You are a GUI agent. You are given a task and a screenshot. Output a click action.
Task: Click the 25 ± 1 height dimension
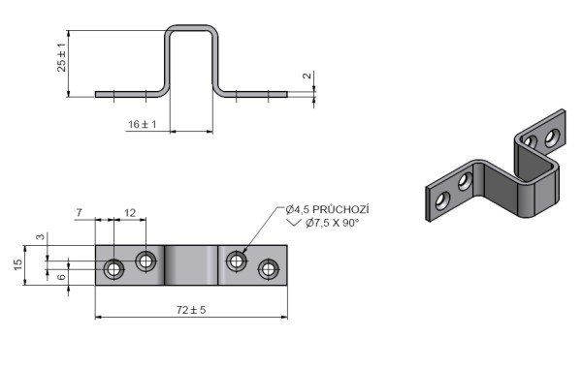click(62, 57)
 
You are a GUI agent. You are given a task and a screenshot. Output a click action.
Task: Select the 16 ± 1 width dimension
click(143, 125)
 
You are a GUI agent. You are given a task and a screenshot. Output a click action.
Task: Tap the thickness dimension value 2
click(307, 76)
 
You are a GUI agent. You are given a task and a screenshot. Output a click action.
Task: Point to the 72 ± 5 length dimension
click(191, 310)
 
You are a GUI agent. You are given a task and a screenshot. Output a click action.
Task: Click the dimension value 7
click(80, 213)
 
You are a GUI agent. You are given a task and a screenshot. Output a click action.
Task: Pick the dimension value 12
click(130, 213)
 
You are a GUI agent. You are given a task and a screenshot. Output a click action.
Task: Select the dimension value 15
click(18, 264)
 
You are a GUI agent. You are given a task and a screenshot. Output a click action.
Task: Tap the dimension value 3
click(41, 236)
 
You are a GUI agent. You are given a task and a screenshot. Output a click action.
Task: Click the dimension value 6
click(62, 276)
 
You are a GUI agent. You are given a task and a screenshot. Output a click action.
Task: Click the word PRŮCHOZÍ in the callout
click(340, 209)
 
